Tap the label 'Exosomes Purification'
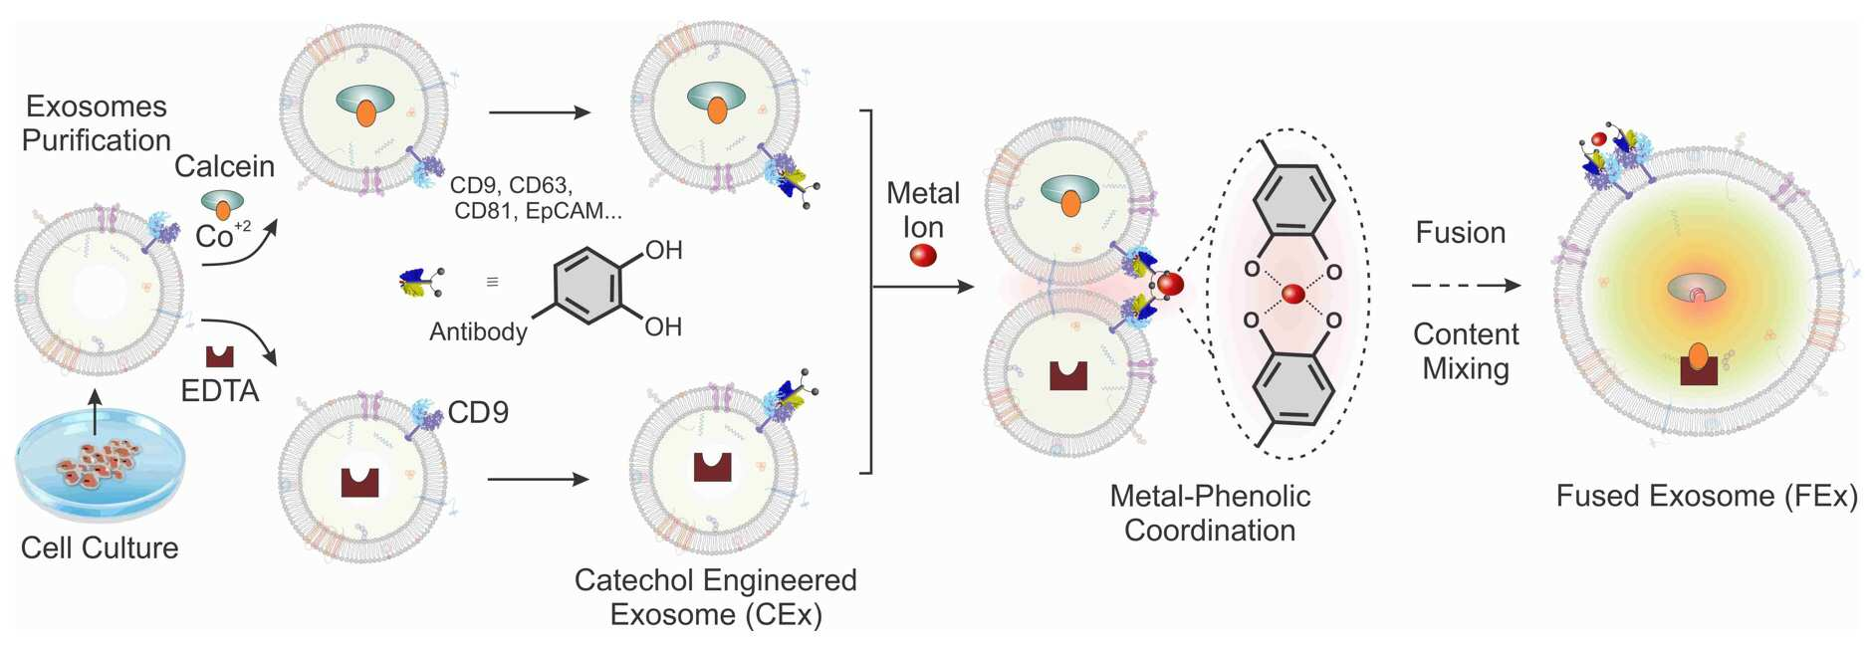coord(97,123)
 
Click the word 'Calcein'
coord(224,166)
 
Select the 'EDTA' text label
coord(220,391)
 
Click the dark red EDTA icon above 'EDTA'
coord(219,356)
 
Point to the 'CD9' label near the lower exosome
coord(478,412)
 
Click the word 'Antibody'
coord(478,331)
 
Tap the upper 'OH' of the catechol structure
coord(663,250)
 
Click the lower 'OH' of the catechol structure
coord(663,326)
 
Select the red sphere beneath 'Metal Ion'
coord(923,255)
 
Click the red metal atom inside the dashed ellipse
coord(1292,294)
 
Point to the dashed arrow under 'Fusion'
coord(1466,286)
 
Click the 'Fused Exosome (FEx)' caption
coord(1707,496)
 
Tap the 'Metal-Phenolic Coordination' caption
coord(1210,513)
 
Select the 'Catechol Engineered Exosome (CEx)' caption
coord(716,597)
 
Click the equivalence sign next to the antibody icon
coord(492,283)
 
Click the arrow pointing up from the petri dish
coord(96,412)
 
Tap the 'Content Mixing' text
coord(1466,351)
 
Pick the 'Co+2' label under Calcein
coord(223,234)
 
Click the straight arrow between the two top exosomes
coord(540,112)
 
